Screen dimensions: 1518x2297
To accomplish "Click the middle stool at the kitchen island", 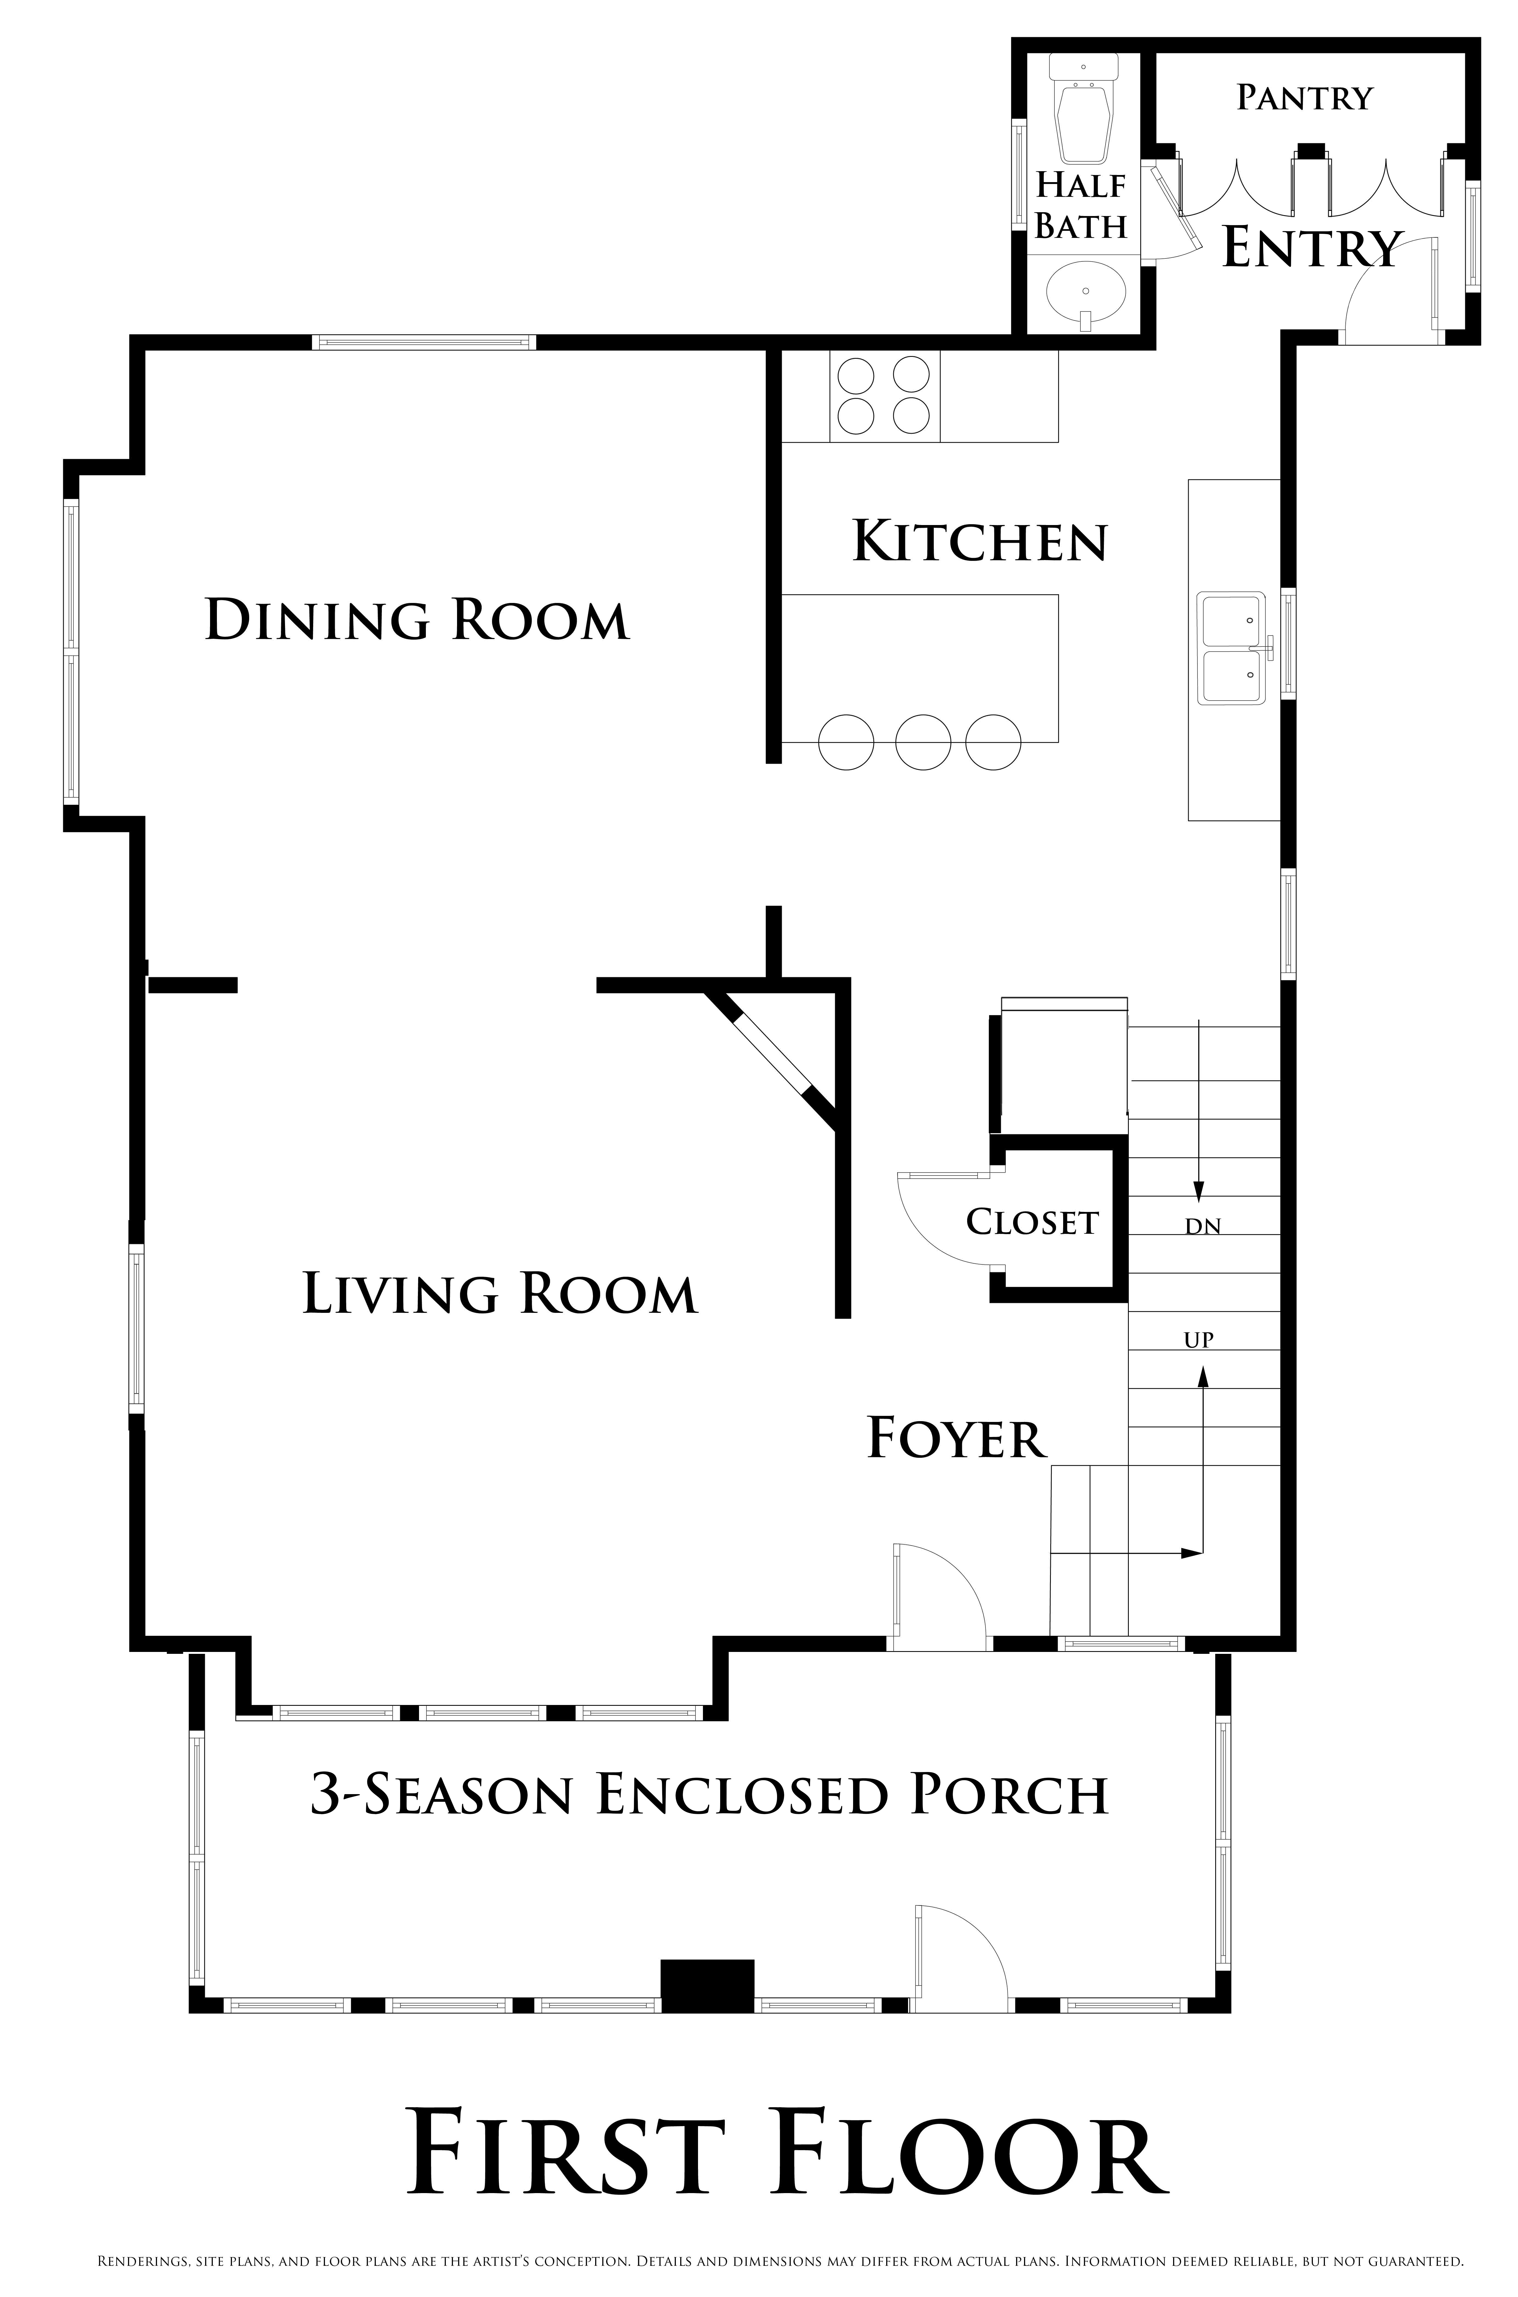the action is coord(923,742).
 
